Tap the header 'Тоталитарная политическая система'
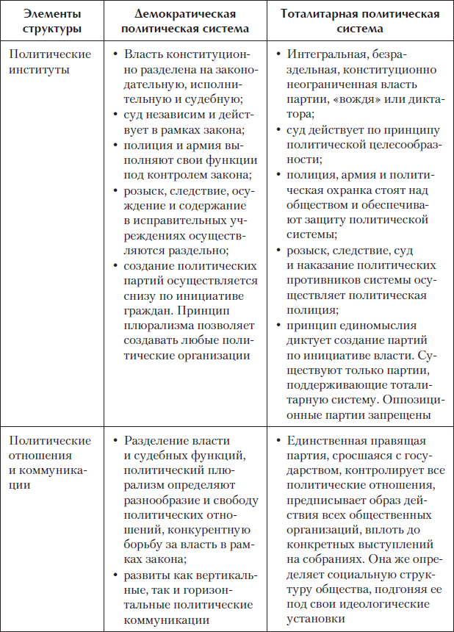[x=360, y=21]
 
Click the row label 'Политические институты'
[x=49, y=62]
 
